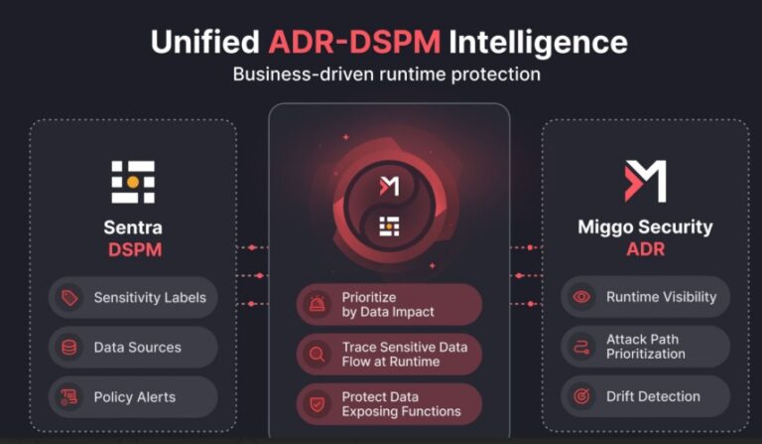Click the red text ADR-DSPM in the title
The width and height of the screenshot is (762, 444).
[354, 42]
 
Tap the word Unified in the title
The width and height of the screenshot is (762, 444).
[205, 42]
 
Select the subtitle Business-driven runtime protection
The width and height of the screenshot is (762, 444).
[386, 74]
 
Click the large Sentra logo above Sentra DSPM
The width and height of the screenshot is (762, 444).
[133, 182]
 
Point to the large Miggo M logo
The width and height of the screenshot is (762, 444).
[645, 181]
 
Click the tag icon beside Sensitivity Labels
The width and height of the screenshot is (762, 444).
[69, 298]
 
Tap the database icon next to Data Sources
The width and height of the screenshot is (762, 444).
[69, 348]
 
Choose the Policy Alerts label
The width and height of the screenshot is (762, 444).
[135, 397]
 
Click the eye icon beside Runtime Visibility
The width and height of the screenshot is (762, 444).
[581, 297]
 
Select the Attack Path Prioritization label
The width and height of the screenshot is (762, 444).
[646, 347]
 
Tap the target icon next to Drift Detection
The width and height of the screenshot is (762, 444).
[581, 396]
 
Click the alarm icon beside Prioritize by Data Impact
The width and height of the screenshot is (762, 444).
[317, 304]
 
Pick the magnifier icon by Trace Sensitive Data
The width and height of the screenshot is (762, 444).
[317, 354]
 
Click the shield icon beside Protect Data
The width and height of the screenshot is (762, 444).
[317, 404]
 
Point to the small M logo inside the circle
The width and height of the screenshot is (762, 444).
[389, 187]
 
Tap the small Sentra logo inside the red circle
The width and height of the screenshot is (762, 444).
[389, 226]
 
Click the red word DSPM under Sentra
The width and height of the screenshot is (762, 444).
[135, 250]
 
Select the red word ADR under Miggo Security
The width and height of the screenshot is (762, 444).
[645, 249]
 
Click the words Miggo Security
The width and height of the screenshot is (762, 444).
[645, 227]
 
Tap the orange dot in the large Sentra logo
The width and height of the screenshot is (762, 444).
[133, 182]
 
